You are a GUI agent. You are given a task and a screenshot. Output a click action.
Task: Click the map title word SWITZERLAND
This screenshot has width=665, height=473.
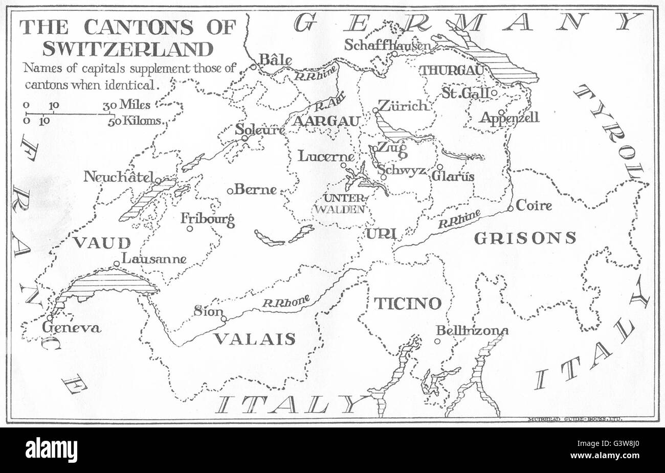[x=127, y=49]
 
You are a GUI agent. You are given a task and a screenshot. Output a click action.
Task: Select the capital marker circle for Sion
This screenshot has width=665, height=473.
[x=224, y=319]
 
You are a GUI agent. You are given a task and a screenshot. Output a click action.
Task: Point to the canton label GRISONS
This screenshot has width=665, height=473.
[x=525, y=237]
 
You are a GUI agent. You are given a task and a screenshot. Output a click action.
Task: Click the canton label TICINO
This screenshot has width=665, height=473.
[x=407, y=303]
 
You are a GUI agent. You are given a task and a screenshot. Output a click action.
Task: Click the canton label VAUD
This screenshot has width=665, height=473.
[x=101, y=242]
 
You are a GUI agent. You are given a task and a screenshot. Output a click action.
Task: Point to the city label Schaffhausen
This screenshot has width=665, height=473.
[x=387, y=46]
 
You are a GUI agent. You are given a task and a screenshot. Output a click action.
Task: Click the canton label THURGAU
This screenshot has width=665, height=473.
[x=450, y=71]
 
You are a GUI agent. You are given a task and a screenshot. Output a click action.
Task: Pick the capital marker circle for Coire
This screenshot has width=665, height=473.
[x=510, y=208]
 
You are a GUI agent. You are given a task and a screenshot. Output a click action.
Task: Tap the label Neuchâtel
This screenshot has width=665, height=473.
[x=119, y=177]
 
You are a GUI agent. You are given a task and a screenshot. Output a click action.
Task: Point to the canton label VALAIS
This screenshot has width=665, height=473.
[x=254, y=339]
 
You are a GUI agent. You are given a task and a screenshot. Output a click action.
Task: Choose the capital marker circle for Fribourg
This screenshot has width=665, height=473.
[x=190, y=229]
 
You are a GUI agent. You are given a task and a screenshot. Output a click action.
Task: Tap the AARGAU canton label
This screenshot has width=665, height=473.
[x=326, y=121]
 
